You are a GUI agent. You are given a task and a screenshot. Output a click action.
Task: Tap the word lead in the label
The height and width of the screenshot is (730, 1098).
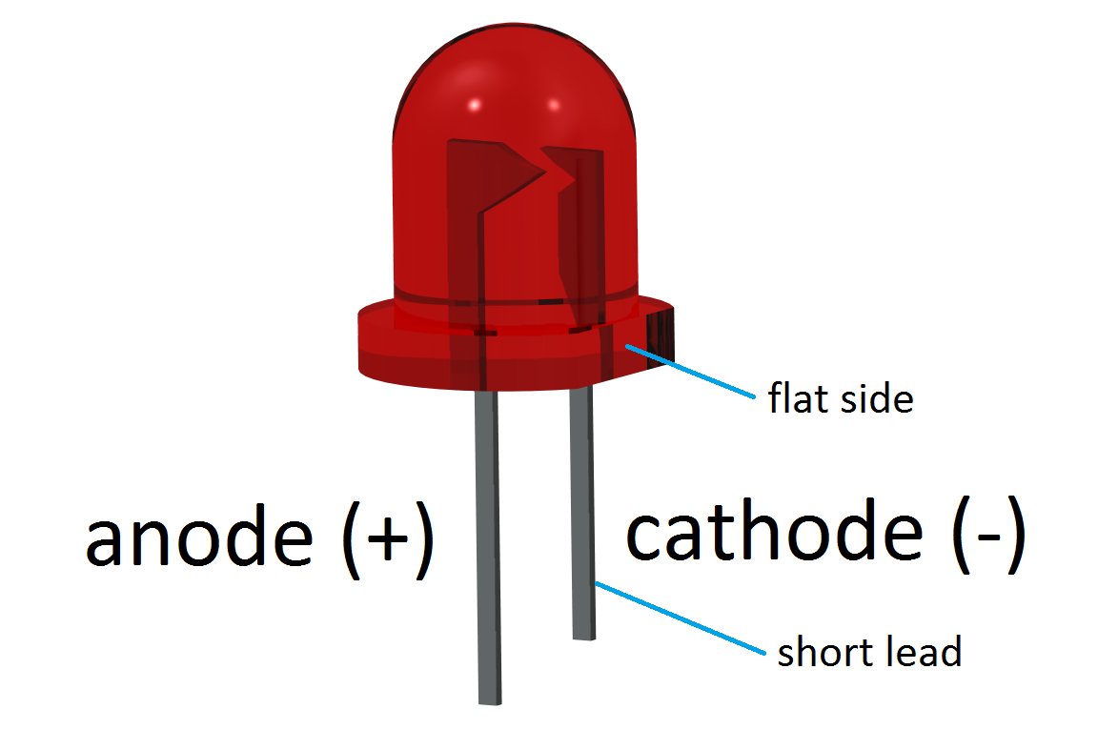pos(922,653)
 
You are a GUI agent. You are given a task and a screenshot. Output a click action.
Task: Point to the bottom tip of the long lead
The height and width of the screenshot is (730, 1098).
pos(488,700)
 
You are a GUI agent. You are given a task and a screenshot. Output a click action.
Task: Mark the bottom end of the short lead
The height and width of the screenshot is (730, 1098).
pos(583,635)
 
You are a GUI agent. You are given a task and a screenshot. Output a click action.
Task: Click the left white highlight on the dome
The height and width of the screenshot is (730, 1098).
pos(473,103)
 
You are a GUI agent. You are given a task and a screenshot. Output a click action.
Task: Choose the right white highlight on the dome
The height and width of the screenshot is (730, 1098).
pos(553,103)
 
